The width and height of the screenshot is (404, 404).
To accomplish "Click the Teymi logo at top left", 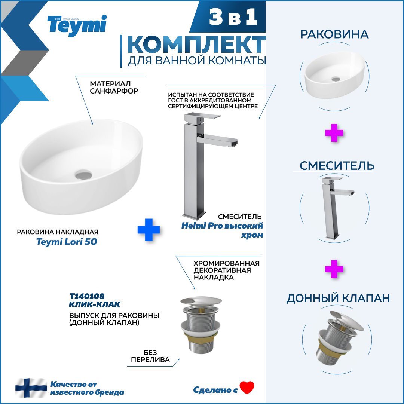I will point(77,25).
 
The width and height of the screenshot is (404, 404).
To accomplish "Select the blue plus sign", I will point(149,229).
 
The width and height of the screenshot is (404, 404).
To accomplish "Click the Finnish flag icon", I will point(31,388).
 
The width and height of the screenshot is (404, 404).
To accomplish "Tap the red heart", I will point(247,388).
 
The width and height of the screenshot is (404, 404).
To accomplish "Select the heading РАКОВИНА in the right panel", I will point(334,34).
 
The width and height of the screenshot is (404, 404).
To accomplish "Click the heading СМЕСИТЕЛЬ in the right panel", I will point(337,165).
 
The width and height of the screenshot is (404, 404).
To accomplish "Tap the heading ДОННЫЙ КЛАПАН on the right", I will point(338,298).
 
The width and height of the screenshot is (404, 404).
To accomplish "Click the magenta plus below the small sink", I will point(334,133).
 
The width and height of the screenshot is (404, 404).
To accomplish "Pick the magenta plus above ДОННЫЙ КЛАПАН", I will point(334,269).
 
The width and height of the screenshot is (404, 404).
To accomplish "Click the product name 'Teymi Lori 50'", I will point(67,242).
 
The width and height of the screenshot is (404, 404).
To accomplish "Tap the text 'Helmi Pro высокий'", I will point(222,226).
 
